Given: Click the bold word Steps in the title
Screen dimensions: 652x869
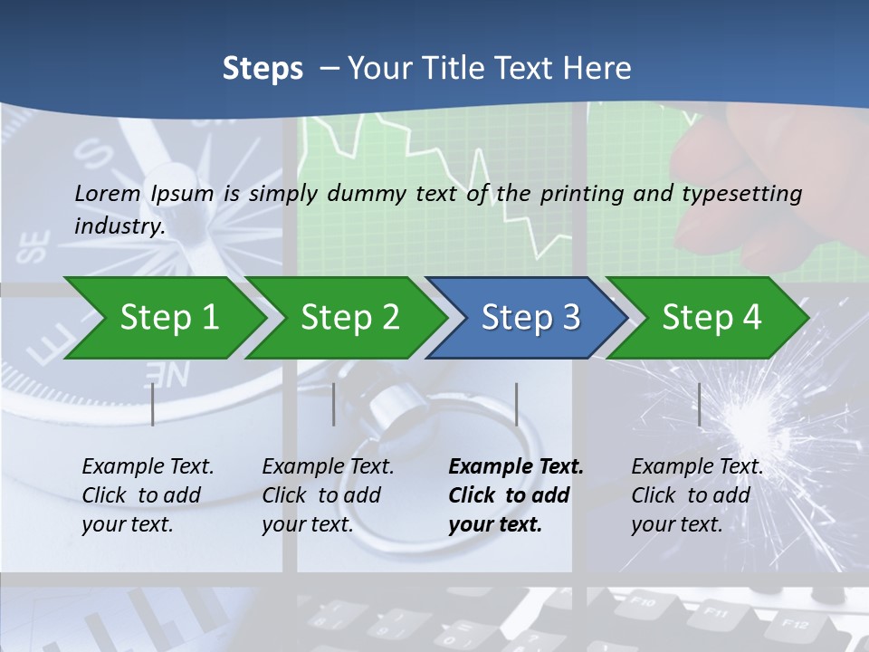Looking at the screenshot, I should coord(263,69).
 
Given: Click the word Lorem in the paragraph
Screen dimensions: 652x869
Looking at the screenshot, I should coord(108,193).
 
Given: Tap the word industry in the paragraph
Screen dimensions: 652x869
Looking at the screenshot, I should coord(119,226).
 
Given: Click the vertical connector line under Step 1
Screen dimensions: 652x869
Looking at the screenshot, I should coord(153,404).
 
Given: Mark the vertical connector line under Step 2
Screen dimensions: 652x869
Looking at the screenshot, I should coord(334,404).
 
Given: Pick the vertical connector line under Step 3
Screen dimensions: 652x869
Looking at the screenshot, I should coord(516,404).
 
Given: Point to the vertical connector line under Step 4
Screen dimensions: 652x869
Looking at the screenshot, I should coord(699,404).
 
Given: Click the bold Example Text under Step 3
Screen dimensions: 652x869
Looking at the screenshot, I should coord(516,467).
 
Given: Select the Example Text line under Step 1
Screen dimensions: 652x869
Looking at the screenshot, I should coord(148,467).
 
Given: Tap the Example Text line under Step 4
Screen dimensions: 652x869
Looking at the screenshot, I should coord(697,467).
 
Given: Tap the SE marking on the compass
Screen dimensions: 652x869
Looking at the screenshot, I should coord(35,247).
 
